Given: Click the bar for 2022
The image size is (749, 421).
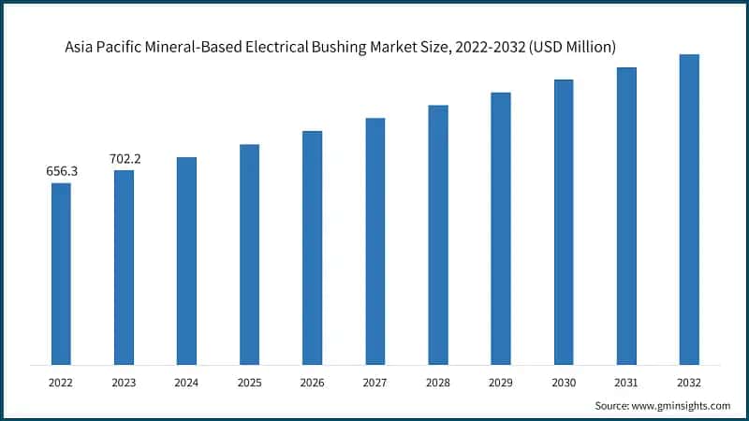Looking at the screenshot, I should pos(61,273).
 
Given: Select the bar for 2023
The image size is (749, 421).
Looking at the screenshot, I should pos(124,267).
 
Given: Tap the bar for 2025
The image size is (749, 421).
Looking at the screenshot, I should pos(249,254).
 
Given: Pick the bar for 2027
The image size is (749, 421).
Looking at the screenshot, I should pos(374,241).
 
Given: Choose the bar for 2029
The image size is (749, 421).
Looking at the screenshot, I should pos(501,228).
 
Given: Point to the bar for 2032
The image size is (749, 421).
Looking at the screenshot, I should pos(689,210).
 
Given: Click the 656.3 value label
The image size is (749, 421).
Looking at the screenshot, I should pos(61,171).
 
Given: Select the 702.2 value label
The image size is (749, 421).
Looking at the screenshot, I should pos(124,159).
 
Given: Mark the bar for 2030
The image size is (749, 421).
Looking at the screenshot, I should pos(564,222).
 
